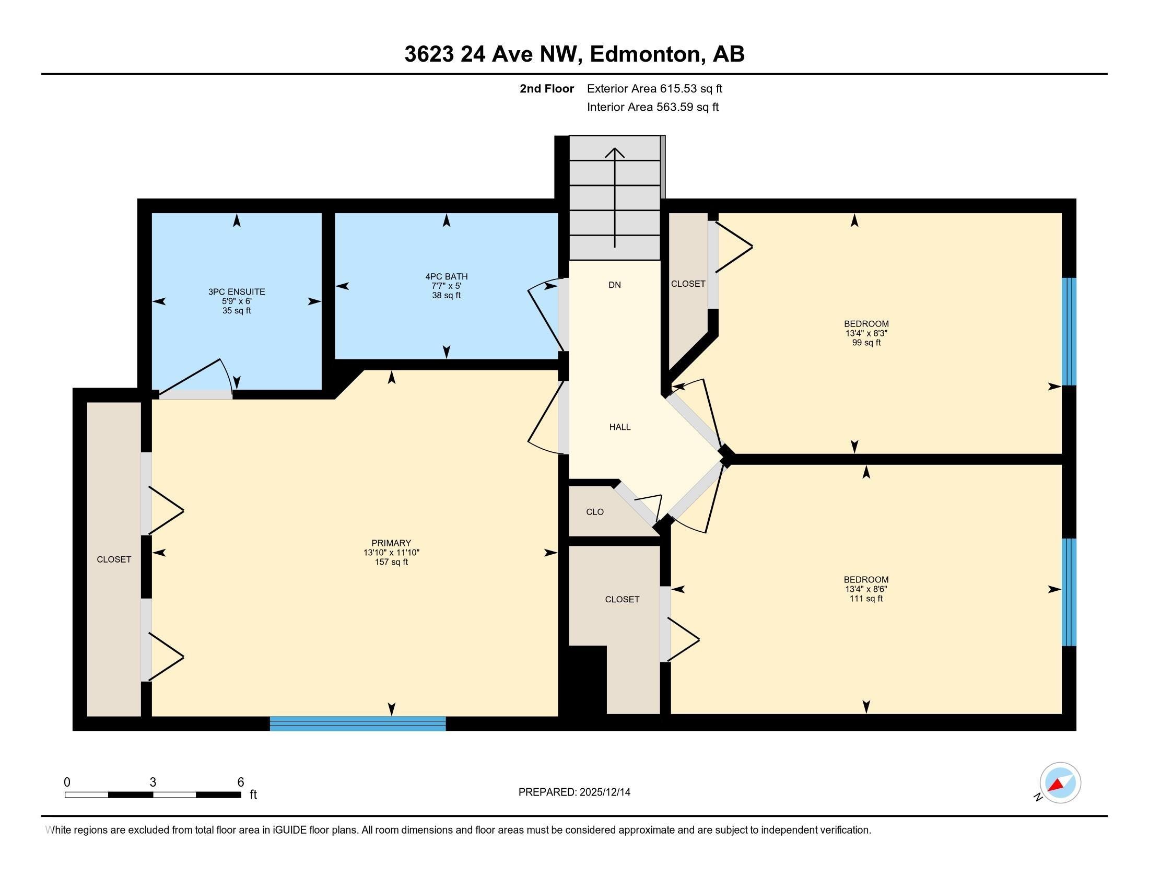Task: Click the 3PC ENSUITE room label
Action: click(237, 292)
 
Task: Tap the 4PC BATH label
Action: click(446, 277)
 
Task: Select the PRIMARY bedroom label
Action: click(391, 543)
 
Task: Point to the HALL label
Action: click(620, 427)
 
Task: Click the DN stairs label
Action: click(615, 285)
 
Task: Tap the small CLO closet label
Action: click(595, 512)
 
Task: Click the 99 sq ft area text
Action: click(866, 343)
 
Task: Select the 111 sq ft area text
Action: click(866, 598)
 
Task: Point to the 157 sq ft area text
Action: click(391, 562)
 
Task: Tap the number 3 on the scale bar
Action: click(153, 782)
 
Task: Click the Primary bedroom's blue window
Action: click(358, 723)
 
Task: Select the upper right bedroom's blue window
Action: click(1069, 331)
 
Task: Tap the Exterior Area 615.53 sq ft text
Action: click(654, 88)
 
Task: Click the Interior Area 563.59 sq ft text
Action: click(652, 107)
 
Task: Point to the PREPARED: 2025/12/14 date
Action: click(574, 792)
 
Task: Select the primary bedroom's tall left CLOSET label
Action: click(114, 560)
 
